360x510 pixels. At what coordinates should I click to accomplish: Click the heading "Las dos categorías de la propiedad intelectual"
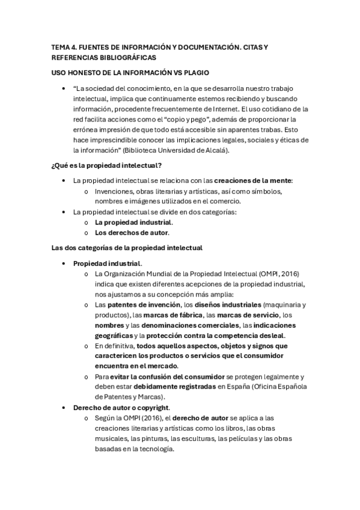click(127, 247)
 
